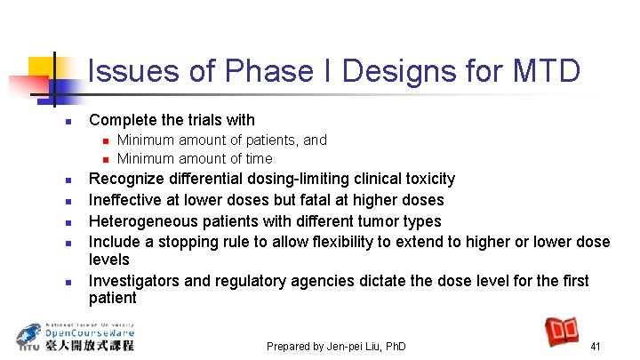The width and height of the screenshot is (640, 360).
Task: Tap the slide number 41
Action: point(596,346)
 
